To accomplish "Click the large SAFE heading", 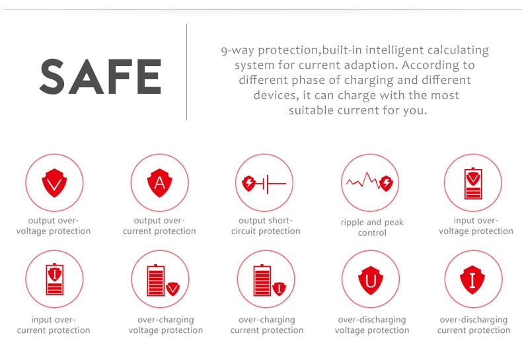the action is tap(100, 77).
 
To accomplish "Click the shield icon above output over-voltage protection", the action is tap(54, 183).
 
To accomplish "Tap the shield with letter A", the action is tap(159, 183).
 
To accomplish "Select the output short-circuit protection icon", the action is tap(264, 184).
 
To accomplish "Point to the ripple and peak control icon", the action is tap(370, 182).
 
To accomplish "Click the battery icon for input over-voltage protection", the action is tap(473, 184).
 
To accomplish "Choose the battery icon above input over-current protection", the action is tap(55, 279).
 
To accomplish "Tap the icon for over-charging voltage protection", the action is tap(163, 281).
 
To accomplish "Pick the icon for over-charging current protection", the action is tap(270, 281).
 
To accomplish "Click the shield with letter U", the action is tap(371, 280).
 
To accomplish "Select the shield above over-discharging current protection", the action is tap(472, 280).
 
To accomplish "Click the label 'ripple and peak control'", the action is tap(372, 227).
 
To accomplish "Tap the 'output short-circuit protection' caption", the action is tap(266, 226).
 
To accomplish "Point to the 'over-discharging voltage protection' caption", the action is tap(372, 325).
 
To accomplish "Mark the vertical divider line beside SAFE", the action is tap(187, 72).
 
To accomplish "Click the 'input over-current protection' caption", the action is tap(54, 325).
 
